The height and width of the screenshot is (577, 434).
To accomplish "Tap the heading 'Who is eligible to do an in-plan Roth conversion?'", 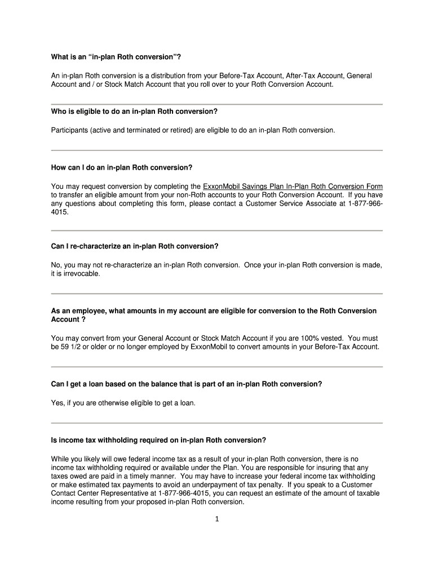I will click(x=134, y=111).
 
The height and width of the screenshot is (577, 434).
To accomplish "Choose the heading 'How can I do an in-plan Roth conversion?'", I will click(x=122, y=167).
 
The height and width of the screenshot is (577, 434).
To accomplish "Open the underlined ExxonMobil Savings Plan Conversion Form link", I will click(x=293, y=187).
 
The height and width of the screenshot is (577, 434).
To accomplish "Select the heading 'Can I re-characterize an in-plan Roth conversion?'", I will click(x=134, y=246).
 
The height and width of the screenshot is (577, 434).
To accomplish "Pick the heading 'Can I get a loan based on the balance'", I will click(x=187, y=384).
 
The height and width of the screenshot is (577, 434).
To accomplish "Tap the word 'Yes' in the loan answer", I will click(x=57, y=403).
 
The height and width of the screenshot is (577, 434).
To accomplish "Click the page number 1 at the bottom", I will click(x=216, y=520).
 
